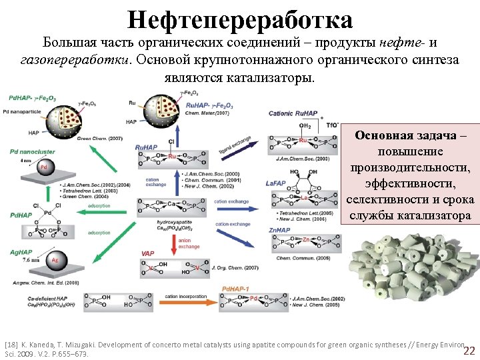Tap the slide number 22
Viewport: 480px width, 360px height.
click(469, 351)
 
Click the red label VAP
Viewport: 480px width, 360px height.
click(148, 254)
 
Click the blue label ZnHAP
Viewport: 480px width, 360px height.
click(279, 229)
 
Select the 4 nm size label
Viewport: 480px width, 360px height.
click(25, 161)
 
